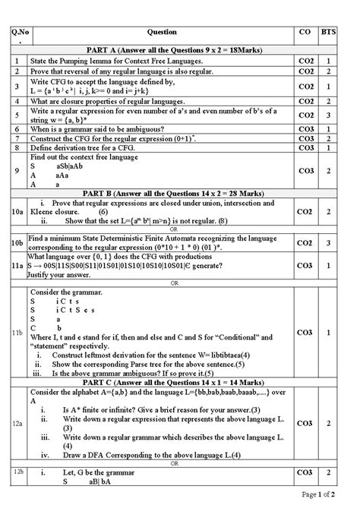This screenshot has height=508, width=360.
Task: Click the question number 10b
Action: [x=17, y=242]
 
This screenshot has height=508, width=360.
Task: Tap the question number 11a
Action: [x=17, y=267]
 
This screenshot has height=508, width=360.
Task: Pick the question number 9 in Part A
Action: [x=17, y=172]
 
